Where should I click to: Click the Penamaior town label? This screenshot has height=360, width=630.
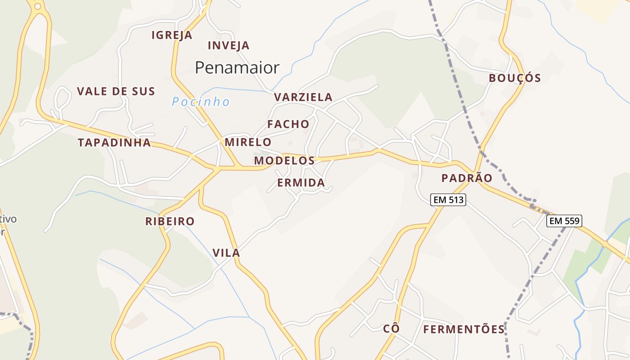pos(237,67)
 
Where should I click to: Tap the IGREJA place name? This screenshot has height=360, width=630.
pos(172,35)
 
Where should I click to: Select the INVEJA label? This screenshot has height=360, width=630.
pos(229,45)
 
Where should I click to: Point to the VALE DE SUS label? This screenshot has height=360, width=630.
pos(116,91)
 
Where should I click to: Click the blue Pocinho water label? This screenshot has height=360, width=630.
pos(201,102)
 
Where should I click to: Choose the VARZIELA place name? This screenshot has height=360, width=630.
pos(303,97)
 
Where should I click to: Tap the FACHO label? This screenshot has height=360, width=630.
pos(288,124)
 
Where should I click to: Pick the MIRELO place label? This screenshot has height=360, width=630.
pos(248,142)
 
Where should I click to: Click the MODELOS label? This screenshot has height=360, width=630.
pos(284,161)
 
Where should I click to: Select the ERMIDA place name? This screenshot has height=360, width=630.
pos(301,183)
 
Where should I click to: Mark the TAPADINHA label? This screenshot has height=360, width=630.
pos(114,143)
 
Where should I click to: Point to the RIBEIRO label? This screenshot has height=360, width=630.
pos(170,221)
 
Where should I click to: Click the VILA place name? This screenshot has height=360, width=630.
pos(226,253)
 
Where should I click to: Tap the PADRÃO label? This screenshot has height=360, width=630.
pos(467,178)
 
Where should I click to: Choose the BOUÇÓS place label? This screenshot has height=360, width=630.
pos(515,78)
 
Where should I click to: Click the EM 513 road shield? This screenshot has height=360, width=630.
pos(448,200)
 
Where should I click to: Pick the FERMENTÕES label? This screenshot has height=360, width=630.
pos(464,329)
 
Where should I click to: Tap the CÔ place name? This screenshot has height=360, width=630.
pos(391,328)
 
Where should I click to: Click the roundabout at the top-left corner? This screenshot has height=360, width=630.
pos(37,6)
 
